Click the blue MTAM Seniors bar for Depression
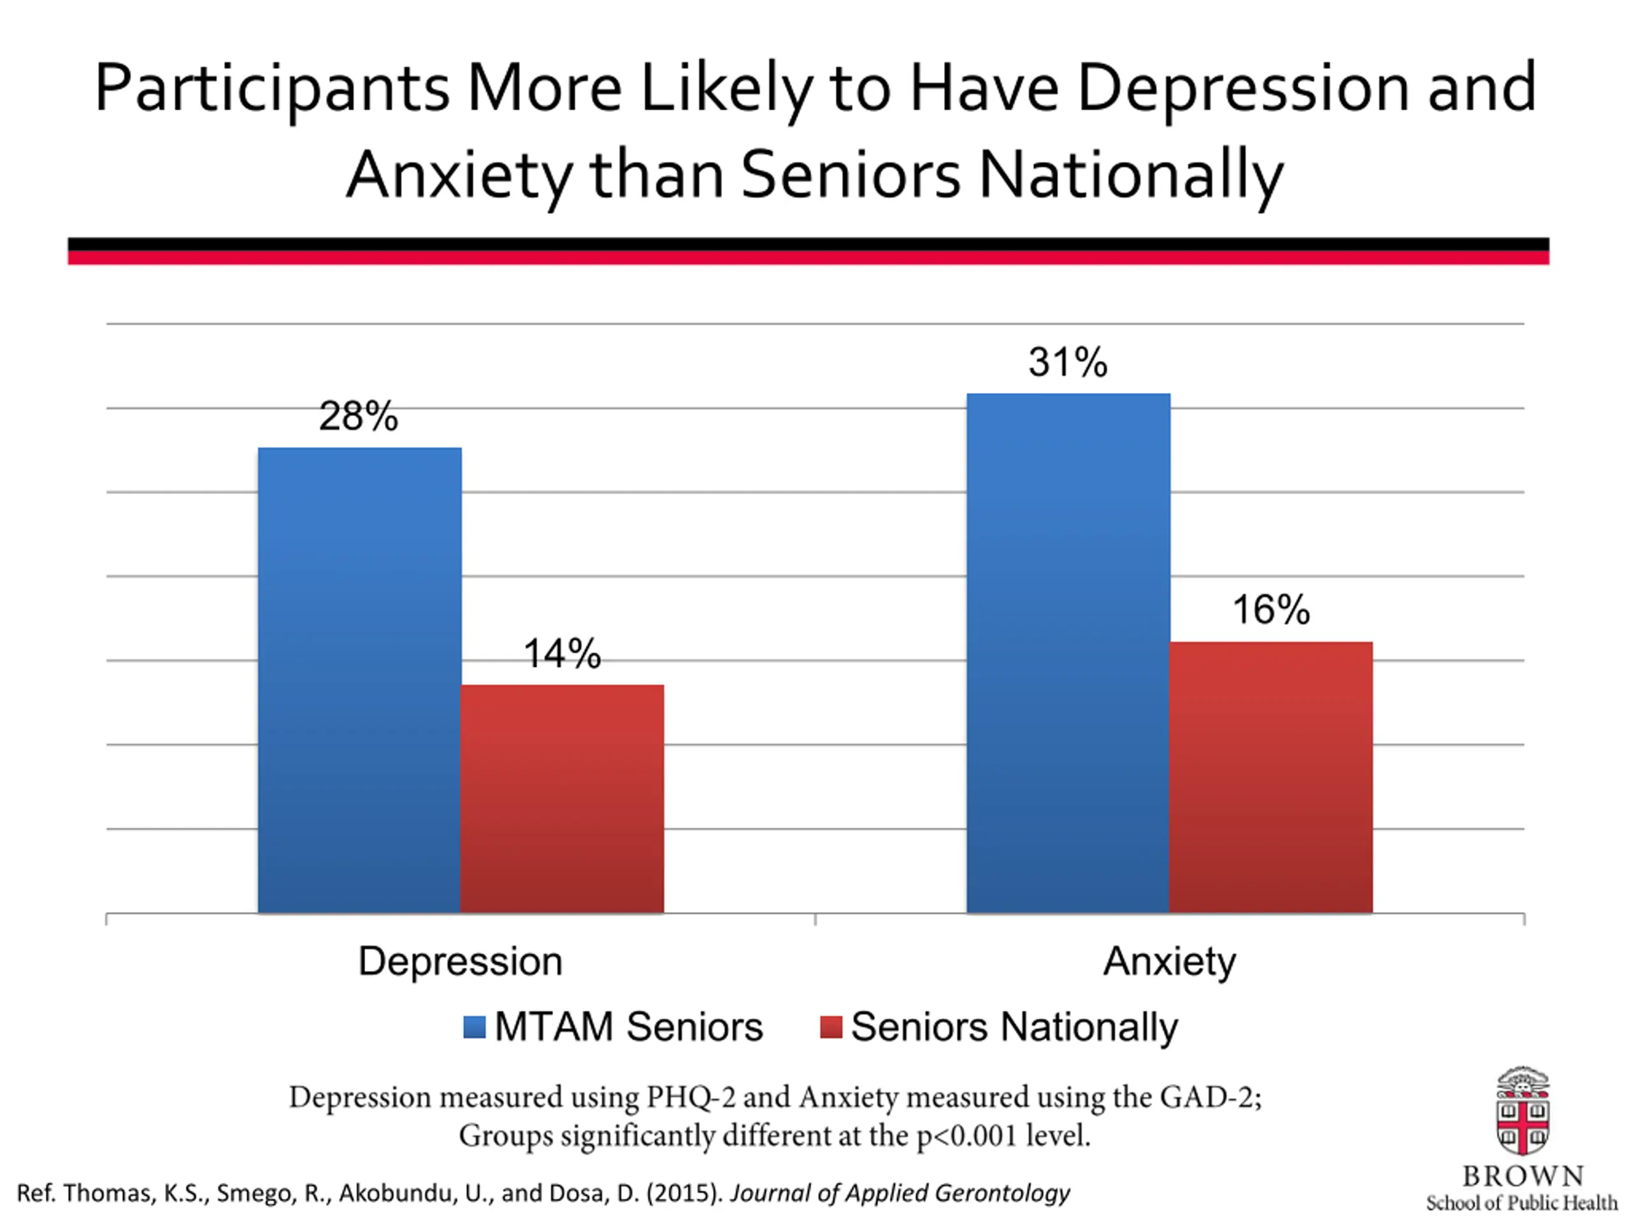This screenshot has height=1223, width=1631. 360,680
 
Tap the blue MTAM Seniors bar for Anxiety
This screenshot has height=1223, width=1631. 1068,653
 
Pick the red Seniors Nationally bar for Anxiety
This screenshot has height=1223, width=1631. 1271,778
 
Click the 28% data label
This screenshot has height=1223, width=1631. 358,417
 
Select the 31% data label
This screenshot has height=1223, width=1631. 1068,362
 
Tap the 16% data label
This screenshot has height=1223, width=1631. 1271,610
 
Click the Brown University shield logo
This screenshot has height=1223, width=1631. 1523,1112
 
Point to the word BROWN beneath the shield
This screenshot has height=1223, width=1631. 1523,1176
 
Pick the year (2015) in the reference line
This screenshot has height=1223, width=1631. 685,1193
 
